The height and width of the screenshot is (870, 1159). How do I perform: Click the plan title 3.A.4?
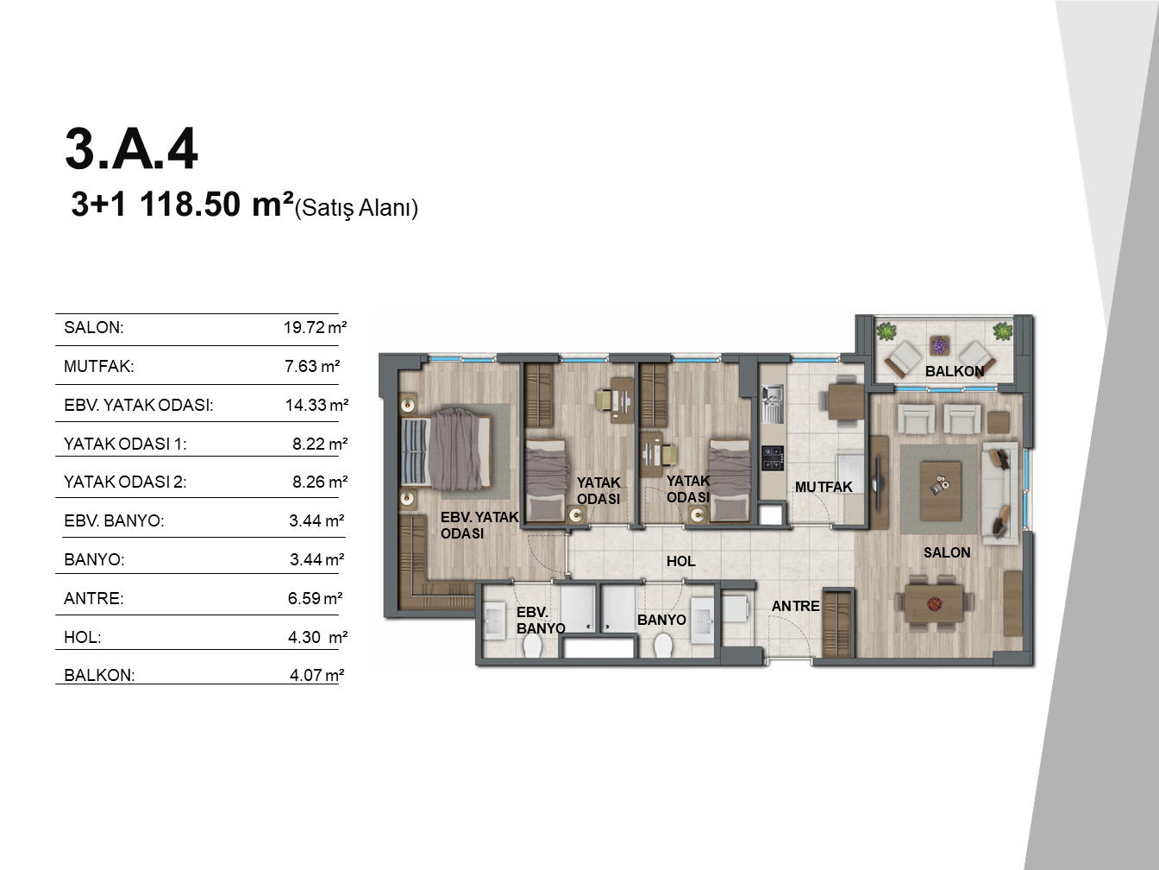131,148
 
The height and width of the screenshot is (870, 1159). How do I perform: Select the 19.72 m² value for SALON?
316,327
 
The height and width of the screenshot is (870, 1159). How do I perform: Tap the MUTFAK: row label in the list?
99,366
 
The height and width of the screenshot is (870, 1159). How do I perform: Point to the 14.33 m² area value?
316,405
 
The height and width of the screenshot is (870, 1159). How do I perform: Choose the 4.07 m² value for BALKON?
316,675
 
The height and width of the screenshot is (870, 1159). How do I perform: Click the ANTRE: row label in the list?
93,598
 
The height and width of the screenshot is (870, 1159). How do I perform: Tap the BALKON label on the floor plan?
955,371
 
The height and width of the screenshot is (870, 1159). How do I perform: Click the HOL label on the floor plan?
680,561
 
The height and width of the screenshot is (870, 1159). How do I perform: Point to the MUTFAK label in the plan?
824,487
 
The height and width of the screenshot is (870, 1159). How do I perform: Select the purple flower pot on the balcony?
939,346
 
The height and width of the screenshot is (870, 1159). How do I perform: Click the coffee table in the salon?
941,491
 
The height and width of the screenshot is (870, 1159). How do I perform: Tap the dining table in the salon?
934,602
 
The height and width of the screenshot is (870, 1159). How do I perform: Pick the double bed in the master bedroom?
446,451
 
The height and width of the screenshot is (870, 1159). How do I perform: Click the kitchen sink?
773,404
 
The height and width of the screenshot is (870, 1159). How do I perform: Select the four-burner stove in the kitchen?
773,458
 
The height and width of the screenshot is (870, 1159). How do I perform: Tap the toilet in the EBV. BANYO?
532,646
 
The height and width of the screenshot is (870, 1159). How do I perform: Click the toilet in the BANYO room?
662,646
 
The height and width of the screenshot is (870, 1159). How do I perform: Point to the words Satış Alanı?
356,208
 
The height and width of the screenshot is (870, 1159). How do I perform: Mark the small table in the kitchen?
846,401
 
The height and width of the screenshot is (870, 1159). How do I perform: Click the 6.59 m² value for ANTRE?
316,598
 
